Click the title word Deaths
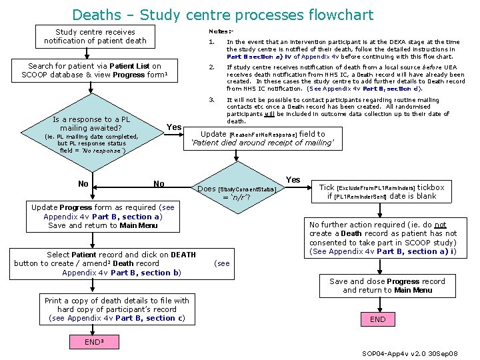coord(96,14)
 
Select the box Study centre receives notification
coord(95,36)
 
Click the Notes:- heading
coord(221,31)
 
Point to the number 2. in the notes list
coord(211,67)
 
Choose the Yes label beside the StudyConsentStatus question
coord(293,180)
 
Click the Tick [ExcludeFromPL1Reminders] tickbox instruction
coord(381,191)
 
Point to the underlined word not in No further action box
coord(441,225)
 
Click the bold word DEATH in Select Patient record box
coord(183,254)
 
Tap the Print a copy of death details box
coord(117,309)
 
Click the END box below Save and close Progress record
coord(377,319)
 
